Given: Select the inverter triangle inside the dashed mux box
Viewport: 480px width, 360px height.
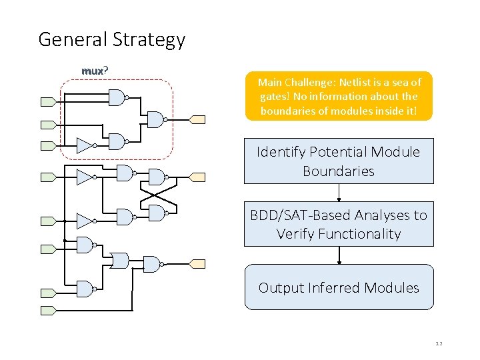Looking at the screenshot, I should [x=84, y=145].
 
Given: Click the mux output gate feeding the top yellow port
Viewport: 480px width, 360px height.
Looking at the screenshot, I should [x=155, y=119].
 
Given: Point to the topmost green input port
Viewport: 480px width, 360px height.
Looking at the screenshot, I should [x=49, y=102].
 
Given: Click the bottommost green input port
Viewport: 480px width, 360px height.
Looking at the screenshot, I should [x=49, y=310].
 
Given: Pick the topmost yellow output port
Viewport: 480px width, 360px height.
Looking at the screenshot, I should [x=199, y=119].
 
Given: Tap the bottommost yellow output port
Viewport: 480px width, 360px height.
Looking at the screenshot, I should [x=199, y=263].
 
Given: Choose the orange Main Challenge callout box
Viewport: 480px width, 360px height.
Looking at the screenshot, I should [x=339, y=96].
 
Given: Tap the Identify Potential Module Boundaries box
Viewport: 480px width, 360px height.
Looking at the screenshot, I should [x=339, y=161].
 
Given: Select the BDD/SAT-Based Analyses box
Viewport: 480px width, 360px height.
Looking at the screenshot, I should [x=339, y=224].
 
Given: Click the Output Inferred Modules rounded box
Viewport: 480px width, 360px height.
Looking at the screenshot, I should [x=339, y=287].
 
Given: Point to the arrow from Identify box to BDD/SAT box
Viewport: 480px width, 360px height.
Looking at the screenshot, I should [x=339, y=193].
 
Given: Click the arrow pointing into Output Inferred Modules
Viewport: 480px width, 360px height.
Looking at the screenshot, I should [x=339, y=255].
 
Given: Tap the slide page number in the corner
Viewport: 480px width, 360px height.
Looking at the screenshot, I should [x=439, y=343].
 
